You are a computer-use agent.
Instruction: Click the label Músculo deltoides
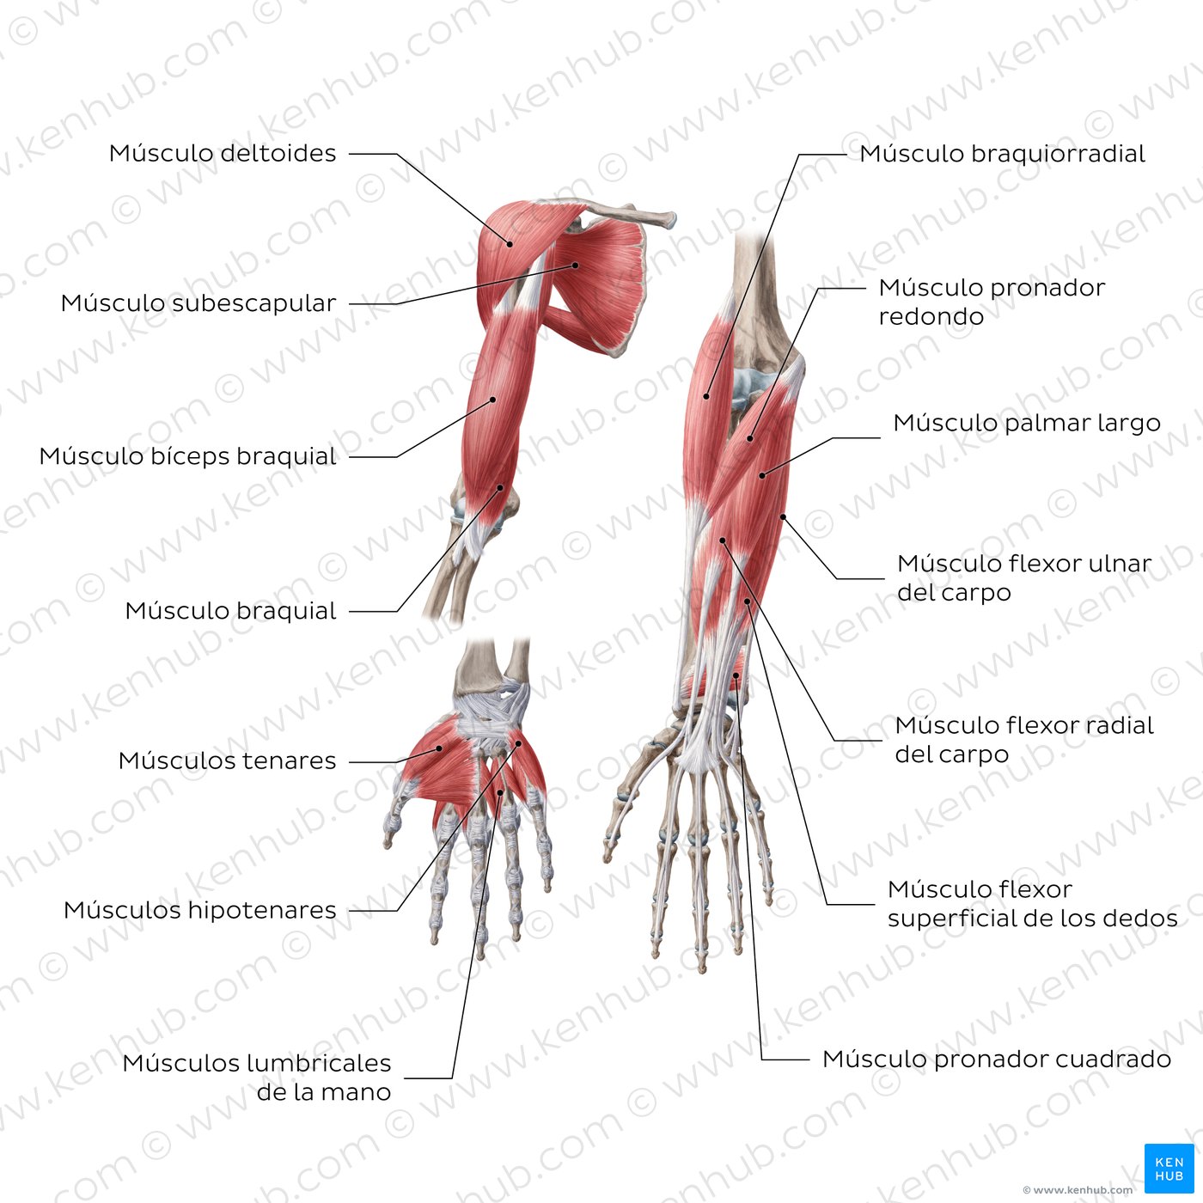(223, 154)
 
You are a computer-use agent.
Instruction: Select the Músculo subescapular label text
(198, 303)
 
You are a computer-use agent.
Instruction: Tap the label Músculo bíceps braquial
(187, 456)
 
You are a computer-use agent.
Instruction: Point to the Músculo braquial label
(230, 611)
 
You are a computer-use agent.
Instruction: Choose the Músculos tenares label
(227, 760)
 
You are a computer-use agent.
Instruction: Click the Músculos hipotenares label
(199, 910)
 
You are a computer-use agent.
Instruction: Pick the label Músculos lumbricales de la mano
(257, 1078)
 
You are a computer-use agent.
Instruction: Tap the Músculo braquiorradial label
(1002, 154)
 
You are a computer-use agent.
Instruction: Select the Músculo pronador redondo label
(991, 302)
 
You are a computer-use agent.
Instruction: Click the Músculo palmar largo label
(1027, 423)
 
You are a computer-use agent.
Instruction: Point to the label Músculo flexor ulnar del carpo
(1023, 577)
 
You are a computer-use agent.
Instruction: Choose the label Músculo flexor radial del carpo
(1023, 740)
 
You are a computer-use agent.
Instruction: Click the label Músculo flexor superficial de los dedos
(1031, 903)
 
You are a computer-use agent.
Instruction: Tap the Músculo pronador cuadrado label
(996, 1059)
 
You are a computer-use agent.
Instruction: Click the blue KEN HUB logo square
(1169, 1169)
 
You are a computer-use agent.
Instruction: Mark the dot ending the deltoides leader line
(510, 244)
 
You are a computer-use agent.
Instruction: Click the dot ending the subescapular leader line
(576, 266)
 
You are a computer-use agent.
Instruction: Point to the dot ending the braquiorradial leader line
(706, 396)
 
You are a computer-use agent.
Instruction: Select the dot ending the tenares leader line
(439, 748)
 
